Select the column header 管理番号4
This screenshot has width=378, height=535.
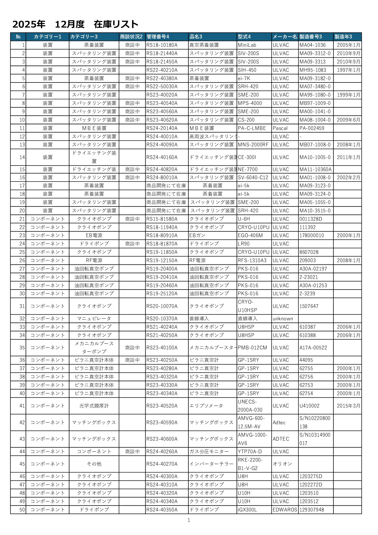pyautogui.click(x=158, y=37)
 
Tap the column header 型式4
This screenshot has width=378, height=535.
pyautogui.click(x=244, y=37)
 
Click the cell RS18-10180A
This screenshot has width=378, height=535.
pyautogui.click(x=162, y=45)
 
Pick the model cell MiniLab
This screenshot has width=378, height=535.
pyautogui.click(x=247, y=45)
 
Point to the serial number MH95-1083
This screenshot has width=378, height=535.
pyautogui.click(x=313, y=70)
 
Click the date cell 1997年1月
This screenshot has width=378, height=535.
pyautogui.click(x=348, y=70)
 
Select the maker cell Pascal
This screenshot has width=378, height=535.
pyautogui.click(x=280, y=128)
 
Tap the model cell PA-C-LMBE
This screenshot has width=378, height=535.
pyautogui.click(x=252, y=128)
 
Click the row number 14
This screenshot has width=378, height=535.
pyautogui.click(x=22, y=157)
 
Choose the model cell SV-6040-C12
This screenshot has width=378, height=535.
pyautogui.click(x=253, y=177)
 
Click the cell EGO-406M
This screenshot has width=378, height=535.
pyautogui.click(x=250, y=235)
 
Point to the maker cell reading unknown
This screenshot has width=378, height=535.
pyautogui.click(x=283, y=319)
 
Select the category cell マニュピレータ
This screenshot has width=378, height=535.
pyautogui.click(x=94, y=319)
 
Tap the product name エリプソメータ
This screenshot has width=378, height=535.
pyautogui.click(x=206, y=406)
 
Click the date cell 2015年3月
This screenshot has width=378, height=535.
pyautogui.click(x=348, y=406)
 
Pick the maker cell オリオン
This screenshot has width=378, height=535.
pyautogui.click(x=282, y=464)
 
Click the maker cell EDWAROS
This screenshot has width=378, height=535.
pyautogui.click(x=285, y=510)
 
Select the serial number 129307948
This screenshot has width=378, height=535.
pyautogui.click(x=312, y=510)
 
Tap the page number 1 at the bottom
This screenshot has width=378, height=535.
pyautogui.click(x=189, y=520)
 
